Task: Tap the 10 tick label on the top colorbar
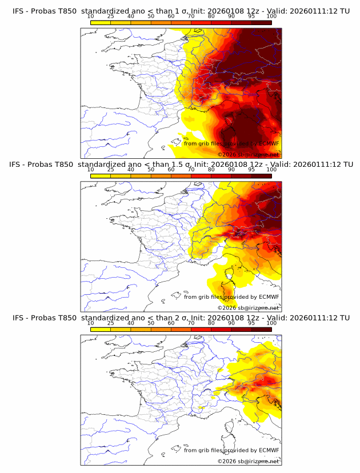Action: coord(90,16)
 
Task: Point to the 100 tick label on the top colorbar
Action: coord(271,16)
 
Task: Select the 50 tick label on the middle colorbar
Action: coord(151,170)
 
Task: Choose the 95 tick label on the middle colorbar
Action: coord(251,170)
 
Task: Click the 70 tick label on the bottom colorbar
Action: coord(191,323)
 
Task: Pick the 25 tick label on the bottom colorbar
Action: coord(110,323)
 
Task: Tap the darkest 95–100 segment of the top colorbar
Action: coord(261,22)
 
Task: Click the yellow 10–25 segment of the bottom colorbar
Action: coord(100,330)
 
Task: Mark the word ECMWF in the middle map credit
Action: coord(269,297)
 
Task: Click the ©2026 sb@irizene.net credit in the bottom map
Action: coord(249,461)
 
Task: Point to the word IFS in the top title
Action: coord(18,10)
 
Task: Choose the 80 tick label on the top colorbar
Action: coord(211,16)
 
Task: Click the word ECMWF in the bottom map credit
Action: coord(269,451)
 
